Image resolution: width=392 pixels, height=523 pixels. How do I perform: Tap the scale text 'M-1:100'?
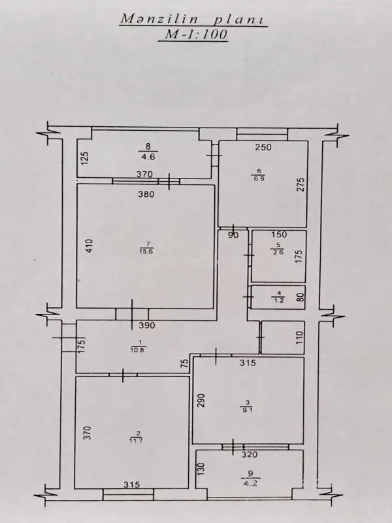coord(193,37)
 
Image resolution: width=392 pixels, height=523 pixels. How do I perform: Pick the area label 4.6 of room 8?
coord(148,157)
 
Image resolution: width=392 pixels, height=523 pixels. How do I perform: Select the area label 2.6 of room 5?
coord(278,254)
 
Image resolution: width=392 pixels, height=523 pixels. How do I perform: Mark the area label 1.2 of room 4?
coord(278,301)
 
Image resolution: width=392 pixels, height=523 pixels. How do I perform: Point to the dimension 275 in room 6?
coord(301,185)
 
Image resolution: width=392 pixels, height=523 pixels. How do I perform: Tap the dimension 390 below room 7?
coord(146,326)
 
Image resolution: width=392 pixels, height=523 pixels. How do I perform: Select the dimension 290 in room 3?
coord(202,401)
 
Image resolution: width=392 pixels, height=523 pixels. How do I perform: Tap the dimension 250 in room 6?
coord(263,147)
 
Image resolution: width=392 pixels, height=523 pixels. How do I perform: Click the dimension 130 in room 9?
coord(202,469)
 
